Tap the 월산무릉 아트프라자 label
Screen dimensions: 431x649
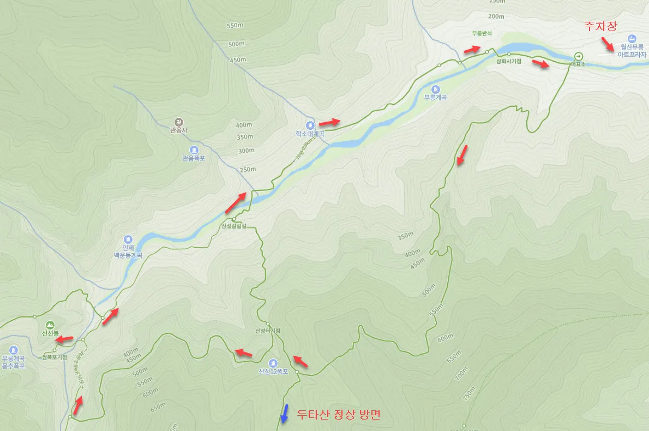coord(632,51)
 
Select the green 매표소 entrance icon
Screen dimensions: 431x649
coord(578,56)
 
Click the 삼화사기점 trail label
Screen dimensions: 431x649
coord(508,61)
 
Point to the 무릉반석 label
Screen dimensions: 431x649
coord(482,33)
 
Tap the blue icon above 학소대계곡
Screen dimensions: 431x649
coord(310,124)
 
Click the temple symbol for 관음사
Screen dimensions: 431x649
coord(179,121)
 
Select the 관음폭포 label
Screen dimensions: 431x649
coord(194,158)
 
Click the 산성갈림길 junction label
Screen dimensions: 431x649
coord(234,225)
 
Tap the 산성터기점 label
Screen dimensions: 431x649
coord(267,331)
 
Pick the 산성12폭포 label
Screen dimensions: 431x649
coord(273,372)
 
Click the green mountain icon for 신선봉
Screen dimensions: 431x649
coord(50,324)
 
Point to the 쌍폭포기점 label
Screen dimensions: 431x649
coord(54,357)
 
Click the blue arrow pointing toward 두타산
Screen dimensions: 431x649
coord(284,413)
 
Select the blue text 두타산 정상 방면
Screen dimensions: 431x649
coord(338,414)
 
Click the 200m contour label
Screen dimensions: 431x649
coord(497,16)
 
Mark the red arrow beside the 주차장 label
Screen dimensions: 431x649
coord(606,44)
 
